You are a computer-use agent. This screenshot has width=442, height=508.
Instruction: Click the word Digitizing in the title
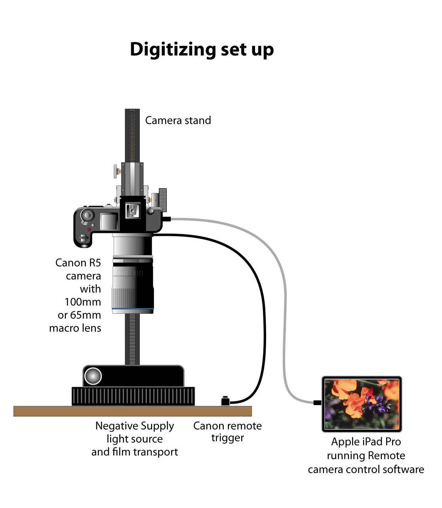173,50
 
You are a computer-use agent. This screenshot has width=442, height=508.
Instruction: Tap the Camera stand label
178,120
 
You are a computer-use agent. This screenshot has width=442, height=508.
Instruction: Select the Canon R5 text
78,263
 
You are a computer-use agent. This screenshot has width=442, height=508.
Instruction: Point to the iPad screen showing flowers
362,404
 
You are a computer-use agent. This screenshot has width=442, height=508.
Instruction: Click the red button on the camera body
89,229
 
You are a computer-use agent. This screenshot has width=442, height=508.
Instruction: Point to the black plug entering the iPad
317,403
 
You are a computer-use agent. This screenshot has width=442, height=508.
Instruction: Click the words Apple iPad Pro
366,441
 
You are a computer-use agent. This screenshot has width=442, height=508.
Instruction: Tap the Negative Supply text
135,426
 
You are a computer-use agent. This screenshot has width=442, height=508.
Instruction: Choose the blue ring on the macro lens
132,308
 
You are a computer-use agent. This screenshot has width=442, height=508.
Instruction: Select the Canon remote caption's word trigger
227,438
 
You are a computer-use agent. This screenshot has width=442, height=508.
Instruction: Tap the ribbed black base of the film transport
133,396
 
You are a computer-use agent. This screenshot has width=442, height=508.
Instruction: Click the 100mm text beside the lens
83,302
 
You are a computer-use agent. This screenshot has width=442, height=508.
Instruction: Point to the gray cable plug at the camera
167,219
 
